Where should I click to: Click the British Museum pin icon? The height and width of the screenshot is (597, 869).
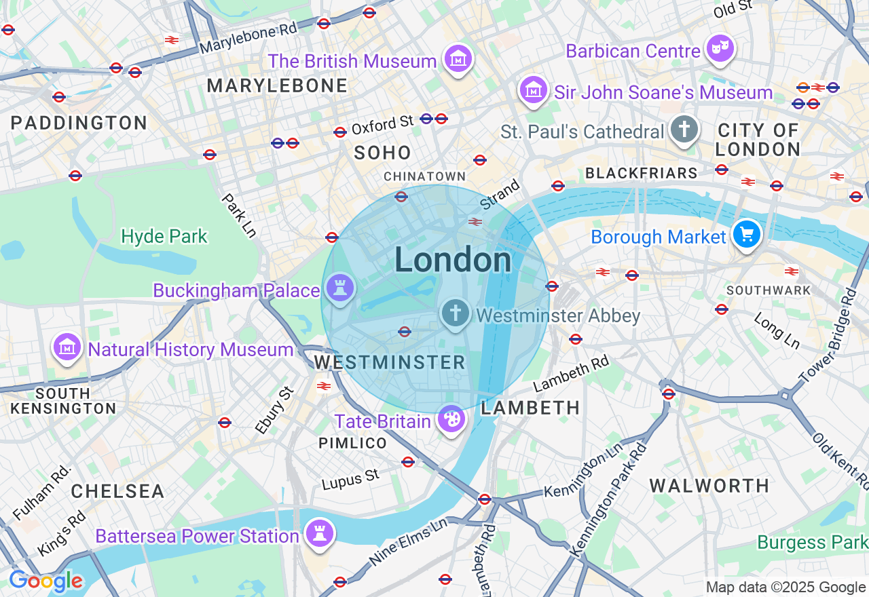point(458,60)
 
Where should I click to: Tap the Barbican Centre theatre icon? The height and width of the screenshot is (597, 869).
point(720,49)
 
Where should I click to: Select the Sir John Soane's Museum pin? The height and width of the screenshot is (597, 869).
point(534,90)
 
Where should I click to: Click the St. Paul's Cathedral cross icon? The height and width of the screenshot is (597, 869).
point(684,128)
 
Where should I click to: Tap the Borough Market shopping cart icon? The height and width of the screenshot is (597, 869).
point(747,235)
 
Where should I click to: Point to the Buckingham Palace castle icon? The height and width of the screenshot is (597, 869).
point(340,288)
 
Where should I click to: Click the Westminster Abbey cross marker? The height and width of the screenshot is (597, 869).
point(455,313)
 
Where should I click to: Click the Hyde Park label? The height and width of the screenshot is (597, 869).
point(164,236)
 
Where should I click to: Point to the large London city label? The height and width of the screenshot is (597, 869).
point(453,260)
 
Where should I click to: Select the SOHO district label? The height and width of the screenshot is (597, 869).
point(383,153)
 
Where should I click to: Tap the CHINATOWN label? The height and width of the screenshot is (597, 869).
point(425,176)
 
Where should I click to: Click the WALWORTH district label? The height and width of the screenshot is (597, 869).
point(709,486)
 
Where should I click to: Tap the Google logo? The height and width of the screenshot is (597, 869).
point(45,581)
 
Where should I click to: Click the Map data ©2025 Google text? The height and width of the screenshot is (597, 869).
point(785,588)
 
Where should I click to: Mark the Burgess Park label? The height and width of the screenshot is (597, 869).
point(812,542)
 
